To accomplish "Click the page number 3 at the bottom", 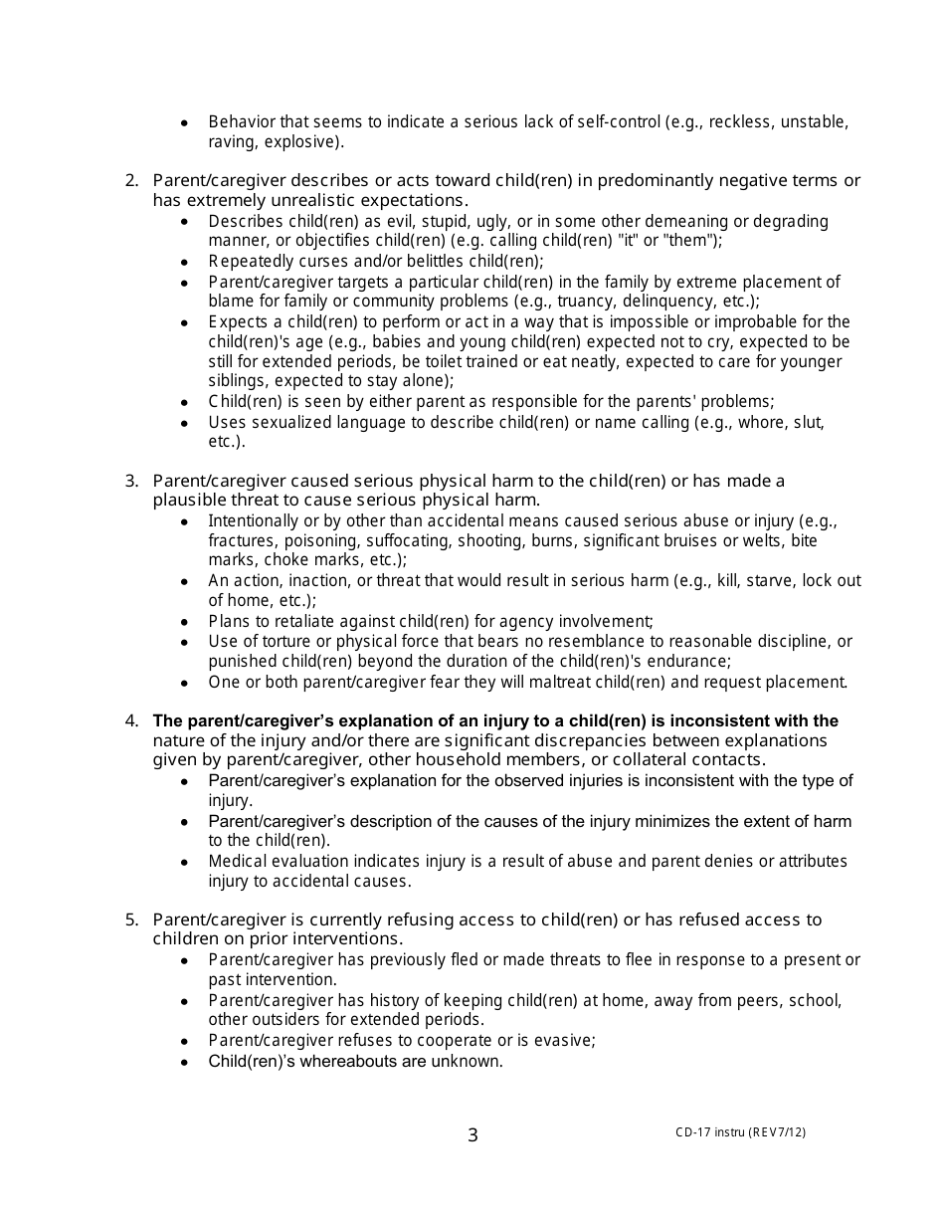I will point(472,1135).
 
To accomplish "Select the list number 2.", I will point(130,180).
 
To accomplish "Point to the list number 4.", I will point(130,720).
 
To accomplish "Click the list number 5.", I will point(130,919).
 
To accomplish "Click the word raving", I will point(231,142).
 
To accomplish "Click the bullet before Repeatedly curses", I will point(184,262).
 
